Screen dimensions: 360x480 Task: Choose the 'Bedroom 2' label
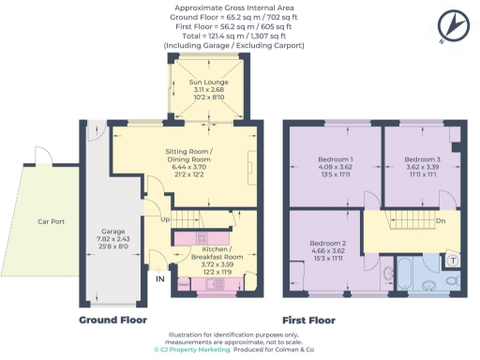327,243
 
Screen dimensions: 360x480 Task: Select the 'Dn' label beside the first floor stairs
441,221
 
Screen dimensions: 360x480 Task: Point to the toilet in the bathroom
451,280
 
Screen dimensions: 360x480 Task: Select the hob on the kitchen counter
200,236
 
